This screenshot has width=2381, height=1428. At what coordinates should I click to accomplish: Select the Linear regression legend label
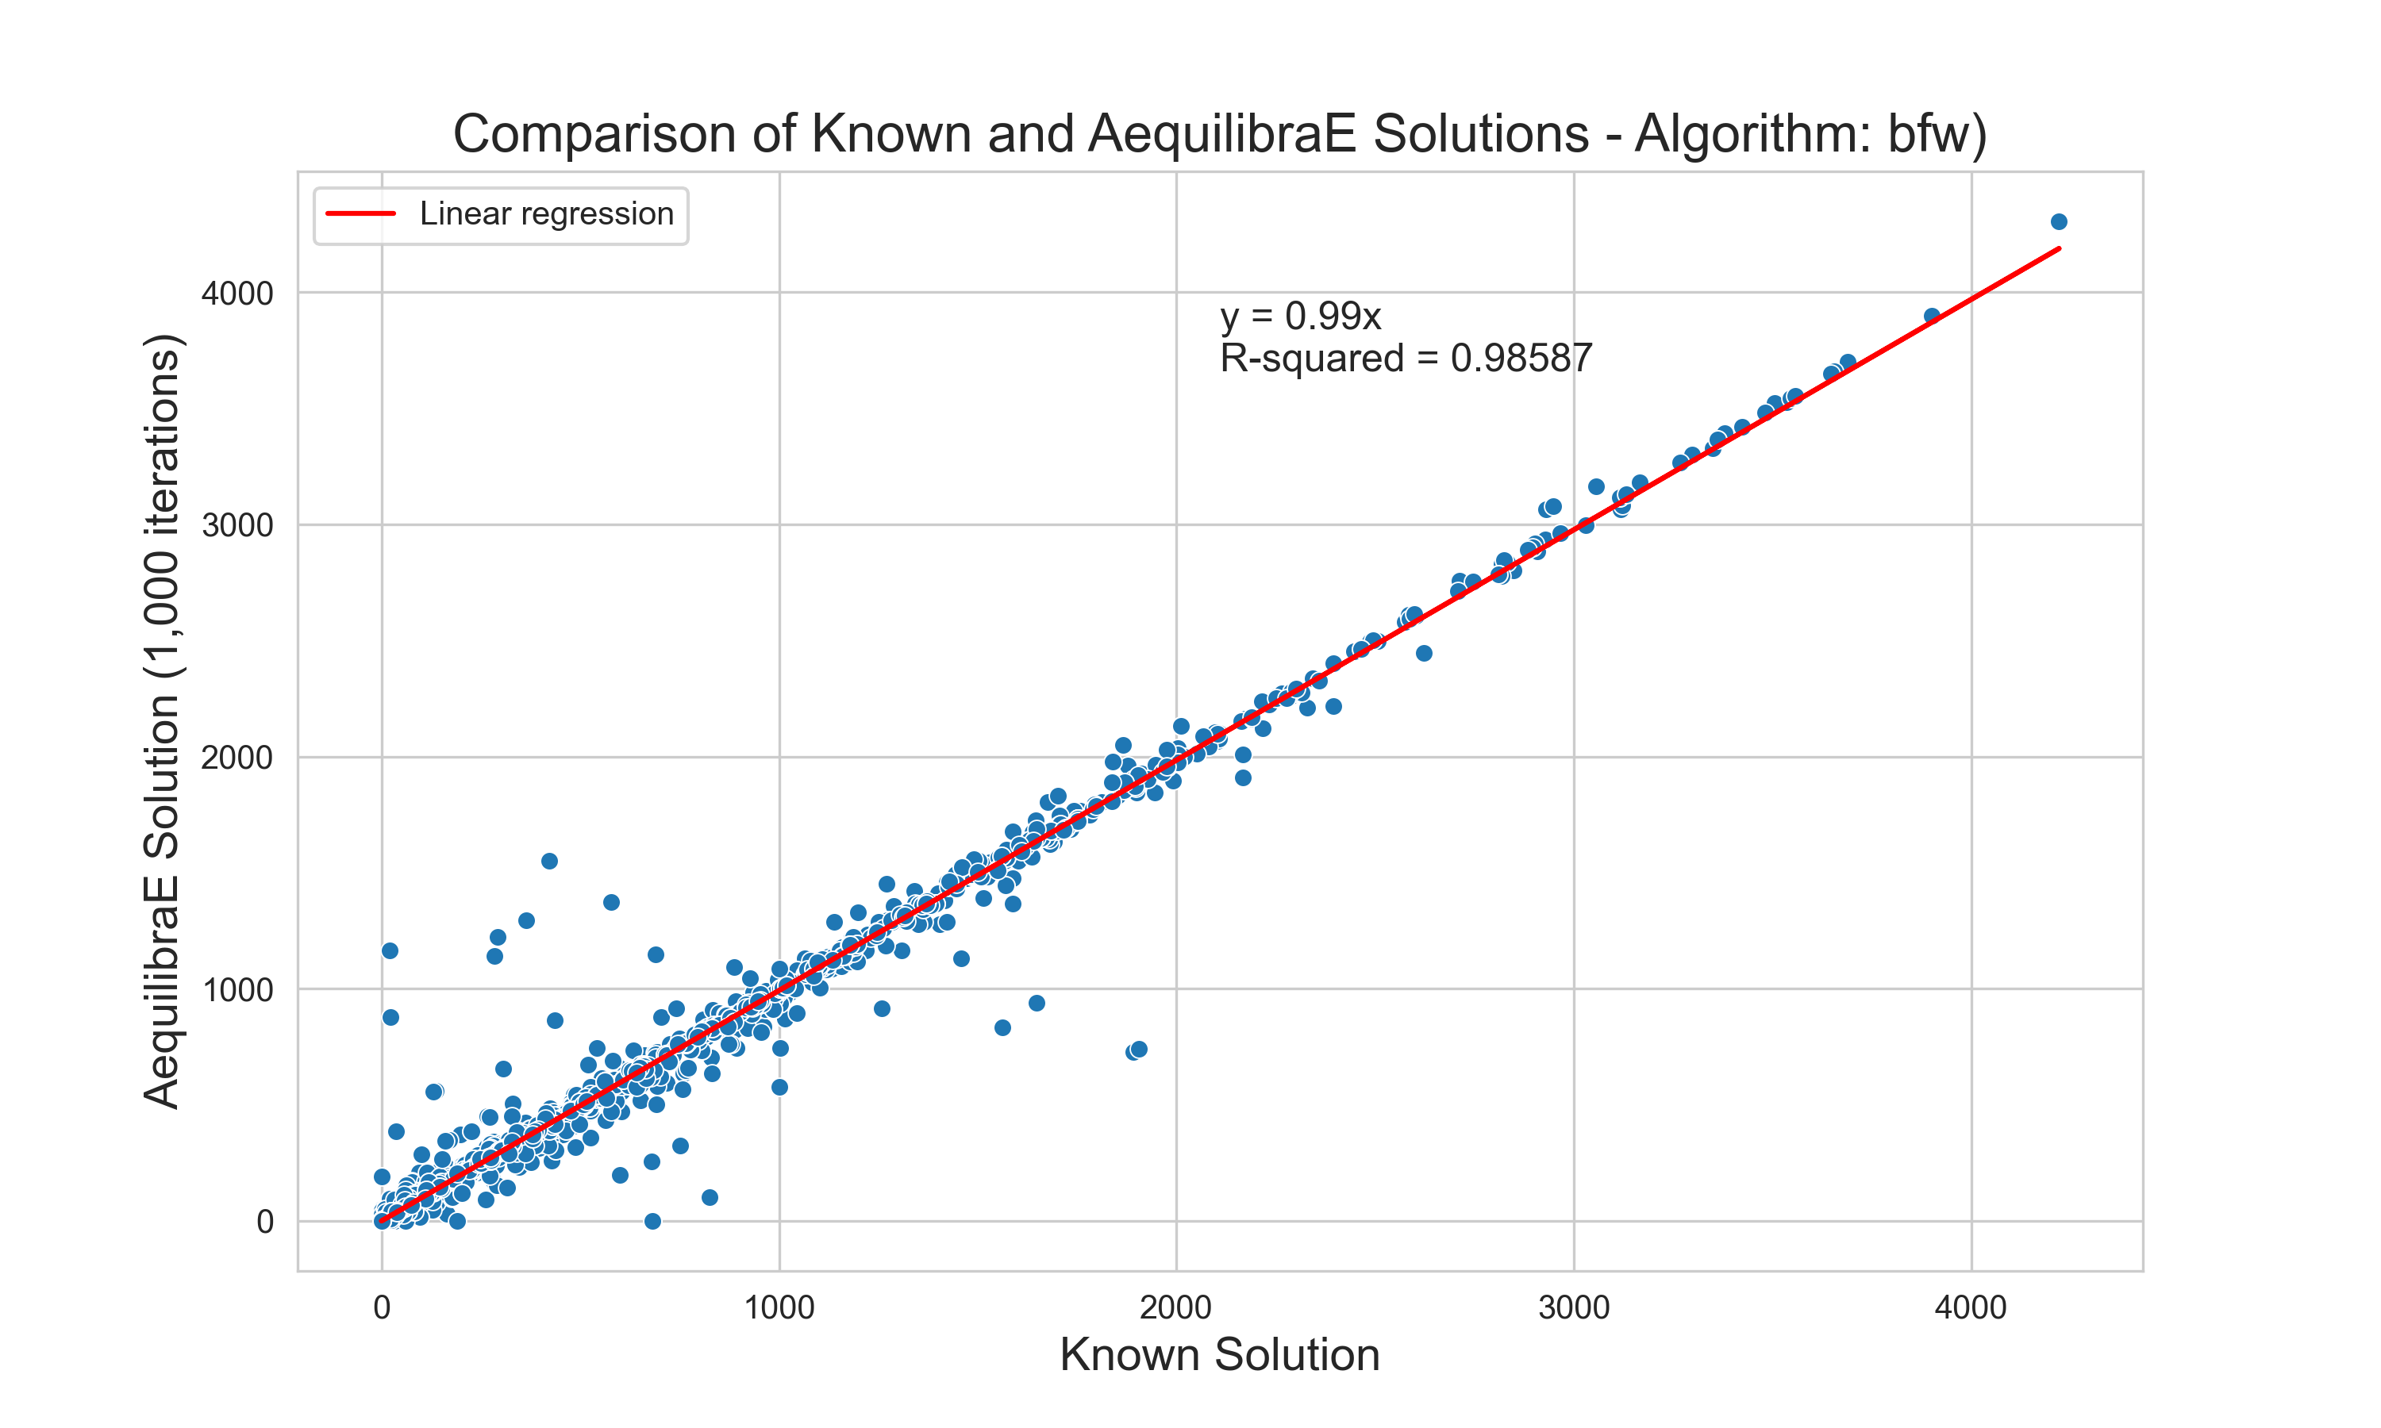[547, 213]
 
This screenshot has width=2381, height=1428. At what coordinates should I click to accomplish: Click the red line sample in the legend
[361, 213]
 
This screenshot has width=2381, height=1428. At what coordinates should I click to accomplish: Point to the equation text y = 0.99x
[1300, 316]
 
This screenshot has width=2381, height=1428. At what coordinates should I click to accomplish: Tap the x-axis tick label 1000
[779, 1307]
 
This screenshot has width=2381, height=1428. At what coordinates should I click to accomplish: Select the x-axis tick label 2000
[1176, 1307]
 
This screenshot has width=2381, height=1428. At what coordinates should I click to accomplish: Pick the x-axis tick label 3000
[1574, 1307]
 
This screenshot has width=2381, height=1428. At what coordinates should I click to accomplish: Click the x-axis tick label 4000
[1971, 1307]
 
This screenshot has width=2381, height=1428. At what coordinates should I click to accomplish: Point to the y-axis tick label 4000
[237, 294]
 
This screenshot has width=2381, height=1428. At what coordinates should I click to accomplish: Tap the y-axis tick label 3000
[237, 525]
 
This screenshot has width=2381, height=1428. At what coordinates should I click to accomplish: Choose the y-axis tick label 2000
[237, 758]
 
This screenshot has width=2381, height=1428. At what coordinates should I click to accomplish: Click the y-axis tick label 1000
[237, 990]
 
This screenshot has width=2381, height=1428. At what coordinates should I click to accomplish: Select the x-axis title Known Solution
[1219, 1355]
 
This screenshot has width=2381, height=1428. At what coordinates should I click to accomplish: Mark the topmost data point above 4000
[2059, 222]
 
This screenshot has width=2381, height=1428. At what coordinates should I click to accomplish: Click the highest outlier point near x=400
[549, 862]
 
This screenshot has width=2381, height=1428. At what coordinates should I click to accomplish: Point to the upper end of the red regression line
[2059, 248]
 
